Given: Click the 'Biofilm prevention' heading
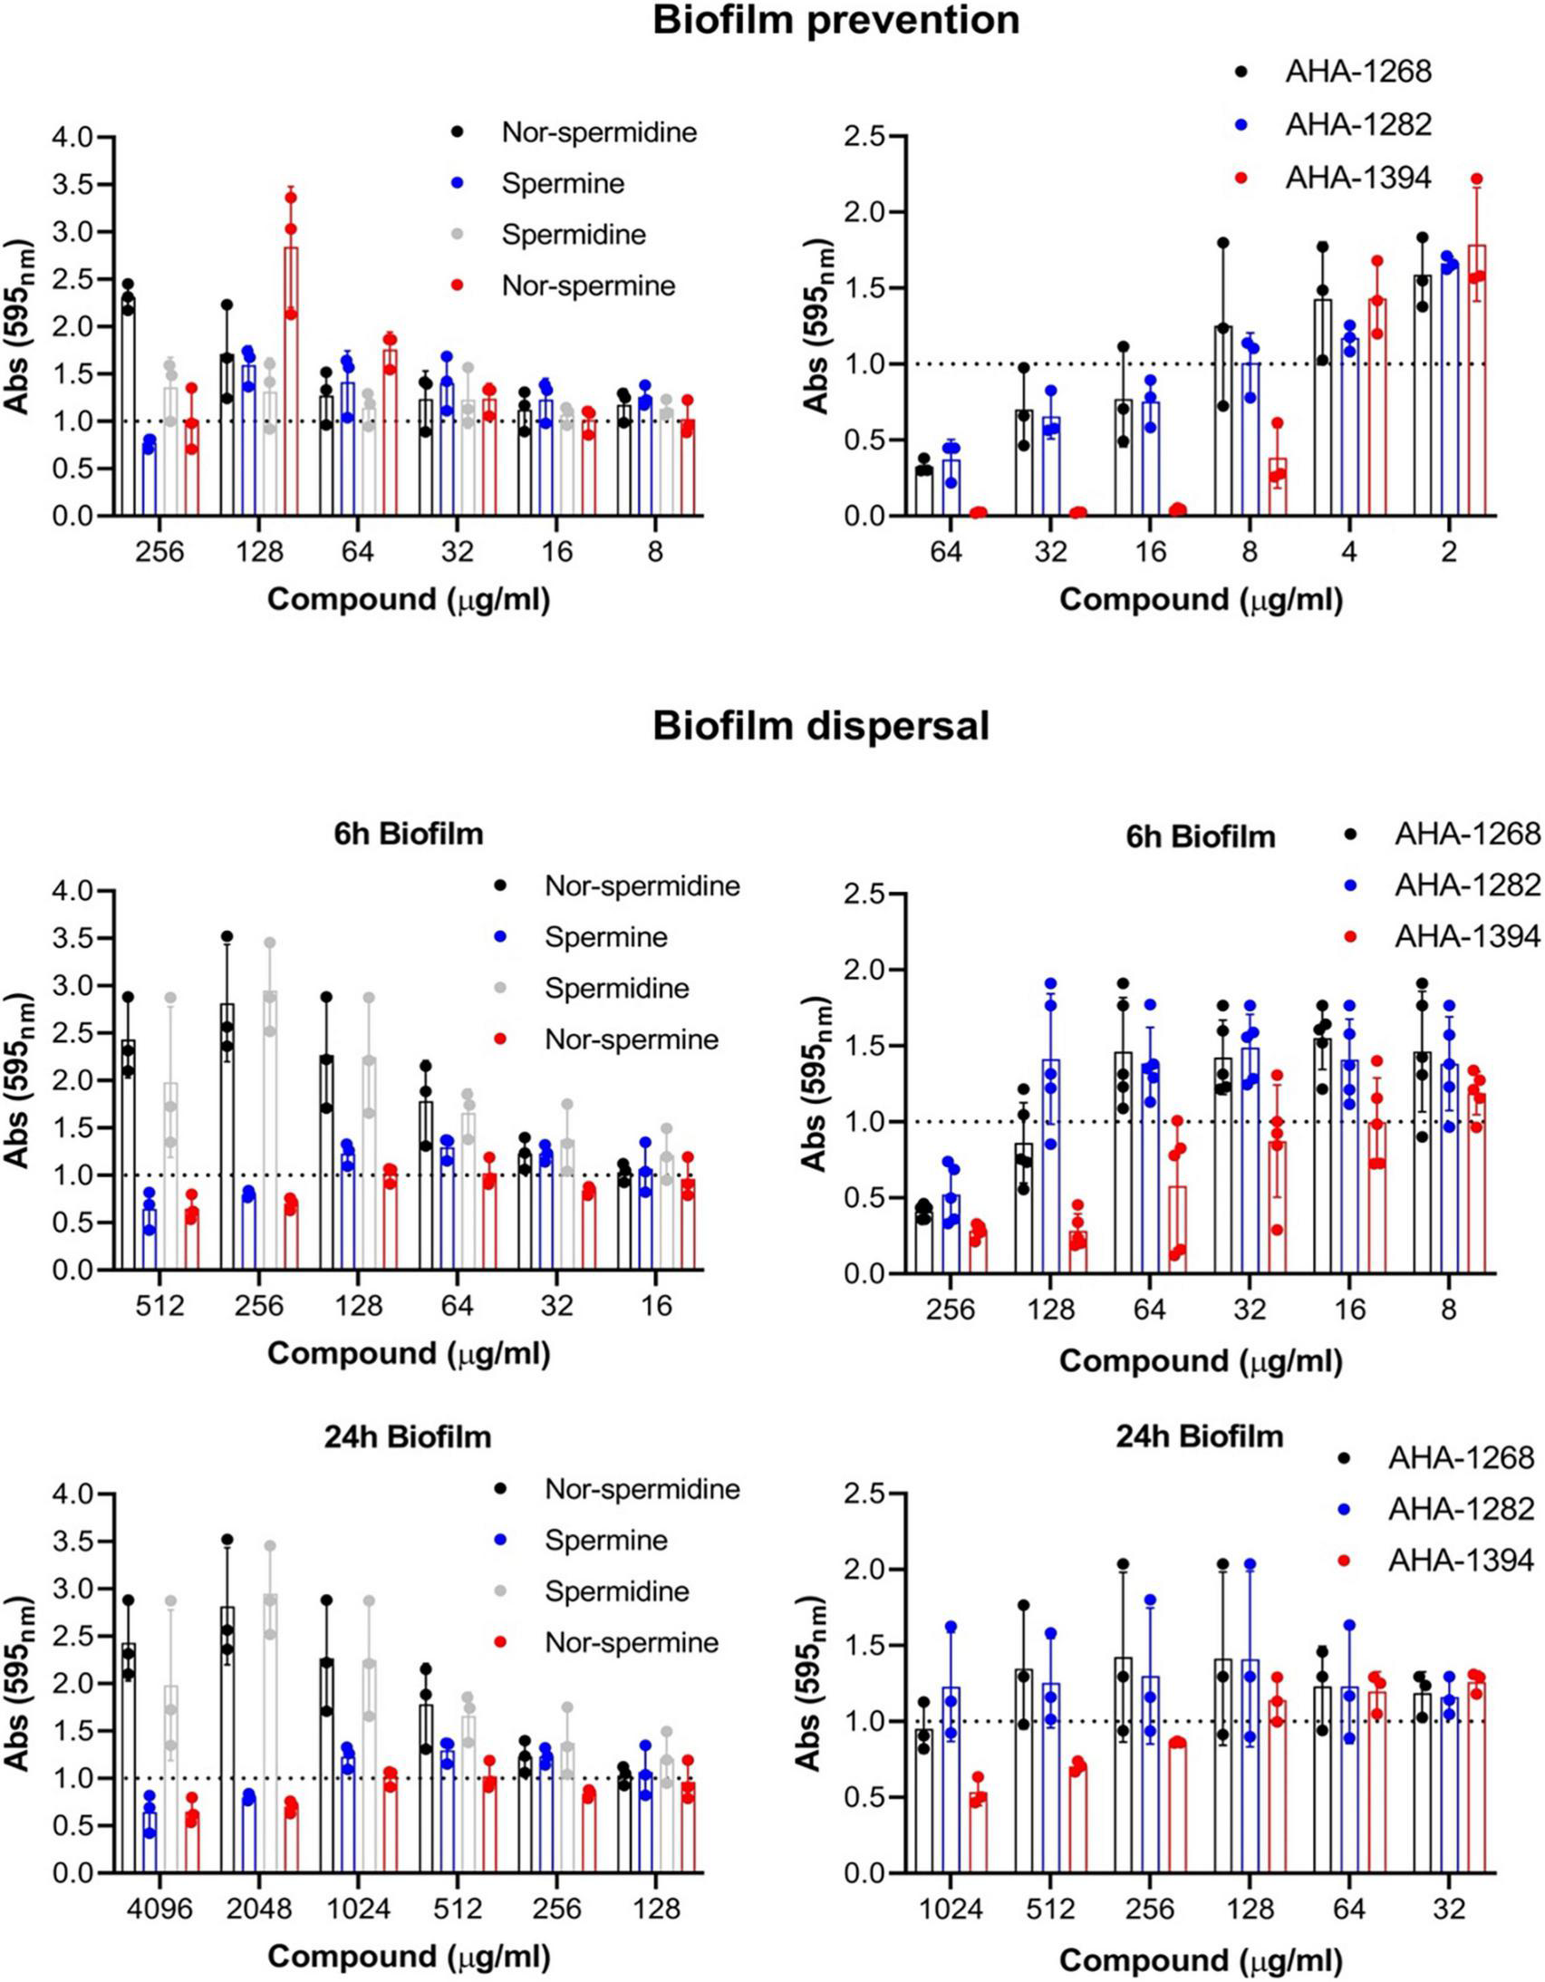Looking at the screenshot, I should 835,20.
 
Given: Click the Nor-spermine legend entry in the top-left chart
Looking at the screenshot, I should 588,285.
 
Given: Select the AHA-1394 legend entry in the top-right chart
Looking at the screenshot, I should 1358,178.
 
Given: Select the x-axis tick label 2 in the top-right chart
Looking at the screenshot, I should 1449,552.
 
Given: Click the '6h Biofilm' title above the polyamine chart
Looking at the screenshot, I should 409,833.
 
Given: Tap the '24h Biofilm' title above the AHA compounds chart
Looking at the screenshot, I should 1200,1436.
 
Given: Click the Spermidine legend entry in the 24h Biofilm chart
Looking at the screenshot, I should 617,1590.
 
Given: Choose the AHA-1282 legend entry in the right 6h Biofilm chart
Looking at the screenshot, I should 1467,885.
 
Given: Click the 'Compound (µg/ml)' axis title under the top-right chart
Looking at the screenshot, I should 1201,600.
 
